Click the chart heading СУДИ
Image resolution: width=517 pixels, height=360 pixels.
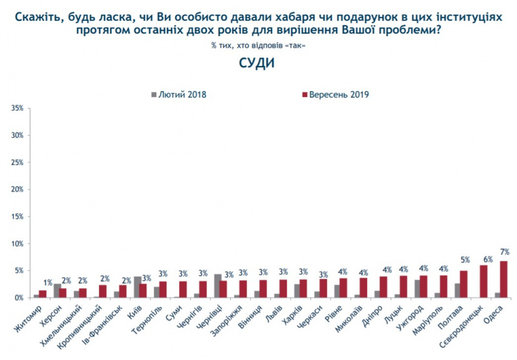click(257, 64)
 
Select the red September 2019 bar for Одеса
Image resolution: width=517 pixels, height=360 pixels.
click(503, 279)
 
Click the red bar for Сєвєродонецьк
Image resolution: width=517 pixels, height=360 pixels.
click(483, 282)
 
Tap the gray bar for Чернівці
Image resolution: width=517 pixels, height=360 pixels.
click(218, 286)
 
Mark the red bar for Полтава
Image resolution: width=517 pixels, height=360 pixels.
click(463, 284)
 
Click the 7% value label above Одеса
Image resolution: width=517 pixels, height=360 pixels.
click(504, 251)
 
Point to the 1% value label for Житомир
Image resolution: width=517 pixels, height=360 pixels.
click(47, 282)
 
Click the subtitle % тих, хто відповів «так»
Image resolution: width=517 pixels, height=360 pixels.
click(257, 45)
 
